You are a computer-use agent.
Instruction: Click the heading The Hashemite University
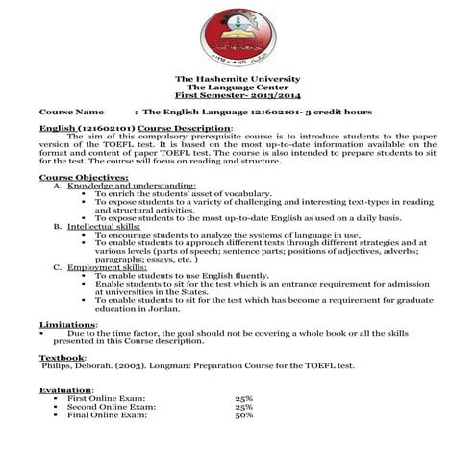237,78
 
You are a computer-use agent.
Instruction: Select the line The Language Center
237,88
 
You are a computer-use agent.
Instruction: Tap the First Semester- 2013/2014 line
237,97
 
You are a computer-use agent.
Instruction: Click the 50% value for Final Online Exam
243,415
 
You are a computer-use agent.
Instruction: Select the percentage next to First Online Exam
243,398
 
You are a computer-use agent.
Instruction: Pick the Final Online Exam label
107,415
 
